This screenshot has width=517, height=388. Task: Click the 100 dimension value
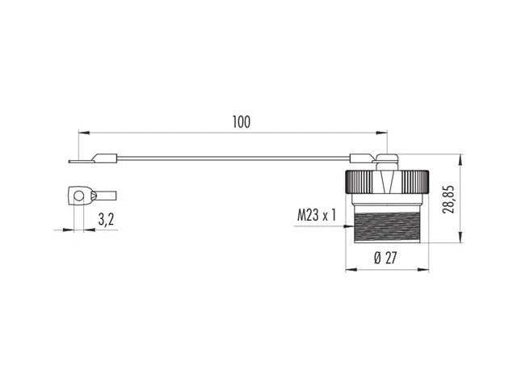242,122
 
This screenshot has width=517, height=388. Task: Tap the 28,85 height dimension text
448,200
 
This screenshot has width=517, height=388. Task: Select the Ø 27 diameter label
385,258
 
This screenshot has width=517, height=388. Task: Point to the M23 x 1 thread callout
316,216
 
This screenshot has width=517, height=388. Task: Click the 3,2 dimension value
106,219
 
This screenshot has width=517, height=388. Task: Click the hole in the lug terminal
79,196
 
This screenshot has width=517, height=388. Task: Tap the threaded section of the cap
387,228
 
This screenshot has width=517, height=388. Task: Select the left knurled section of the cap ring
359,181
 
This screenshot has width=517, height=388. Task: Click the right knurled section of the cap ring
414,181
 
